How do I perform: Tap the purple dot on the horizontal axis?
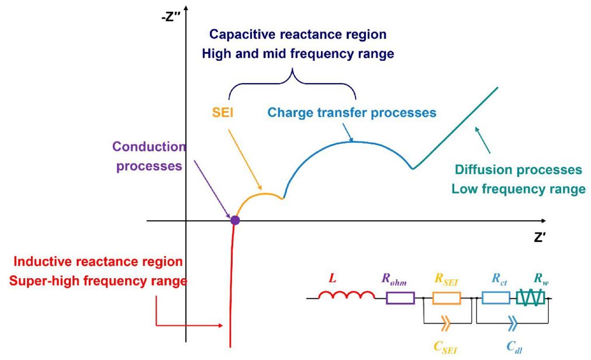click(235, 220)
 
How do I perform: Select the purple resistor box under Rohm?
click(400, 298)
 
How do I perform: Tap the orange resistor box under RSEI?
click(447, 298)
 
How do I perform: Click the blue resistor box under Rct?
click(495, 298)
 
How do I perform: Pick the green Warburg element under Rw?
click(531, 298)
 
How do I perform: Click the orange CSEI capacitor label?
click(445, 349)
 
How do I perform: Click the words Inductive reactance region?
click(98, 261)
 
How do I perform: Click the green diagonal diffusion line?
click(456, 128)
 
